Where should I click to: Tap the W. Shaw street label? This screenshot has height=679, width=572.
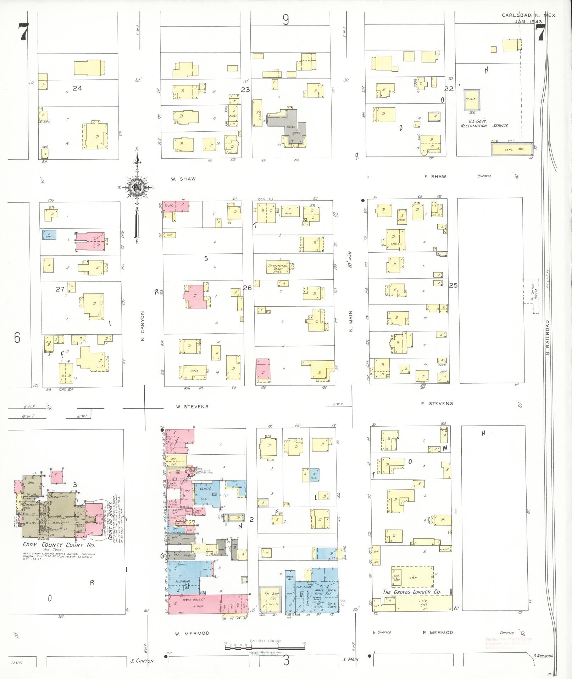183,179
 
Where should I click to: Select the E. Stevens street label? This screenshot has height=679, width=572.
437,403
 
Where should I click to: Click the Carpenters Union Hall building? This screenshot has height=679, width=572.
278,267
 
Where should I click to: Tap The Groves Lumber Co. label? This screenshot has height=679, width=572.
412,592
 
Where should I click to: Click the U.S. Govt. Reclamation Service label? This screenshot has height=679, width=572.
484,123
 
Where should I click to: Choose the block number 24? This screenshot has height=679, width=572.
77,88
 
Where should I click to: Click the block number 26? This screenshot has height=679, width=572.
247,288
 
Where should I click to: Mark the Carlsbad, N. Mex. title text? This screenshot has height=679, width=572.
529,15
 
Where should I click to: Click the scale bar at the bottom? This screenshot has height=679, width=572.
265,648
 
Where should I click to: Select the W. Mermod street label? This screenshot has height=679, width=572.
192,633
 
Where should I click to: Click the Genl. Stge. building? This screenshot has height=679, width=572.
511,149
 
